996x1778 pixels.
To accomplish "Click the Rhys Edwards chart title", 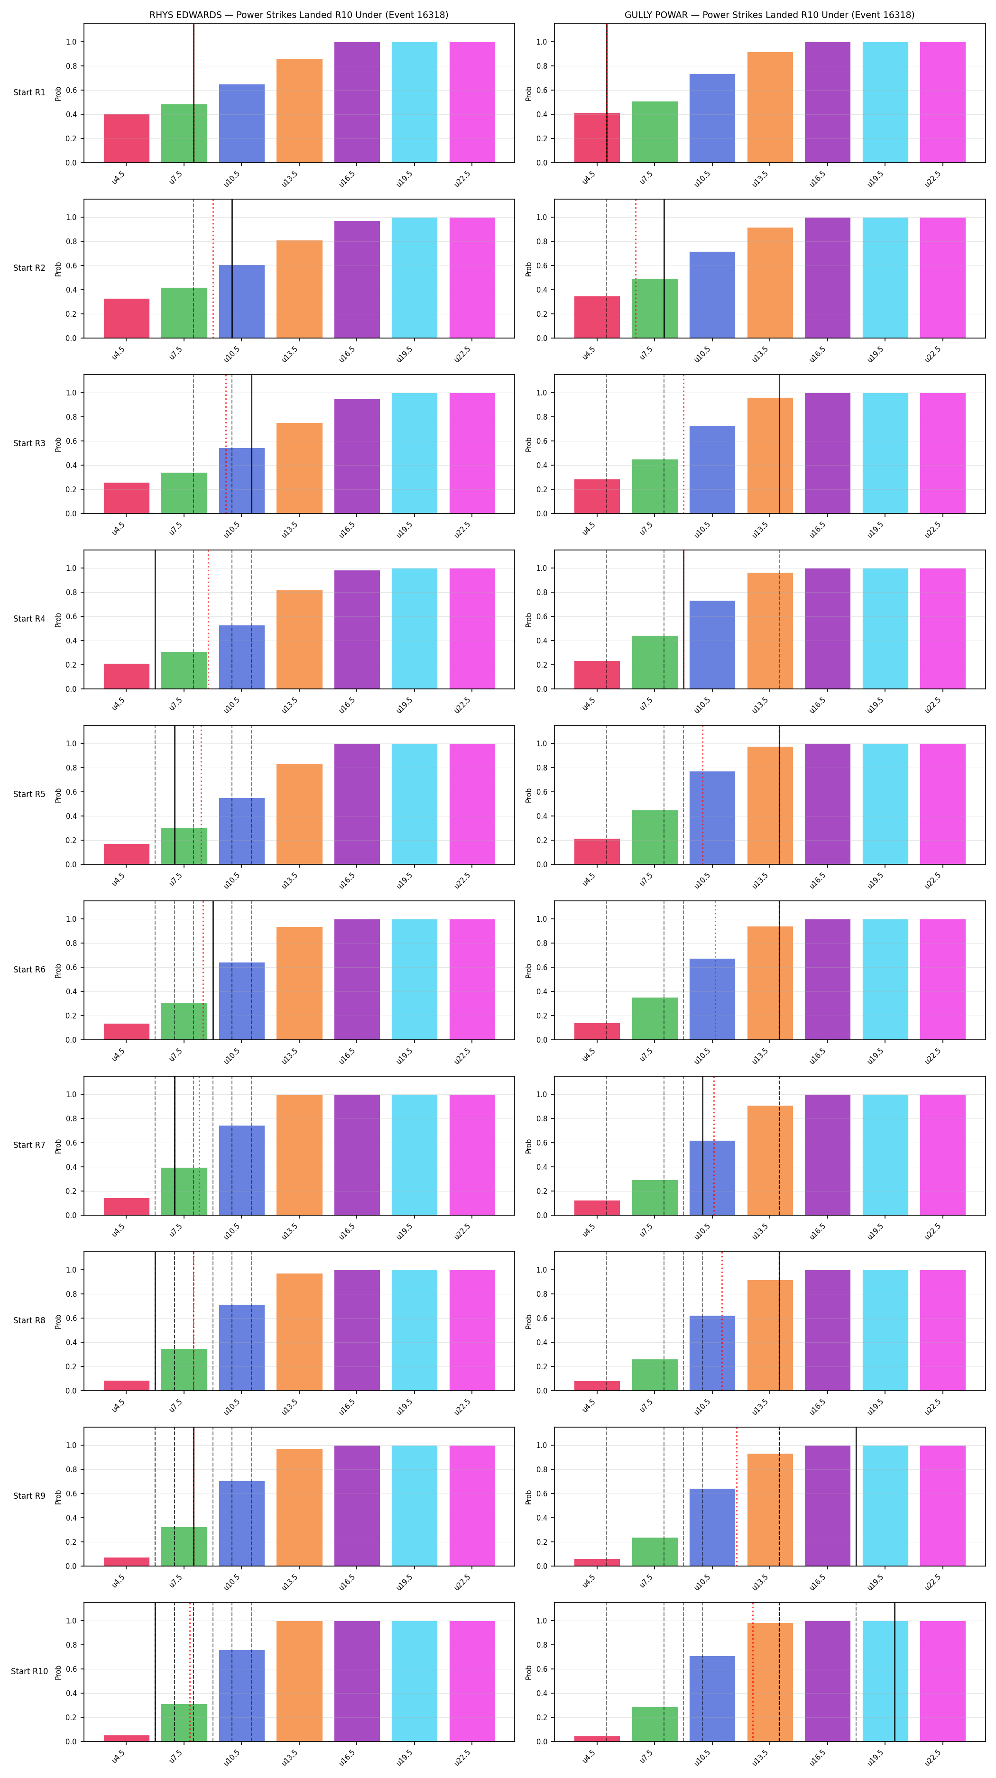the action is [x=299, y=15].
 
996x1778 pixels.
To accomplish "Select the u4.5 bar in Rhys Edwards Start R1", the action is [x=126, y=138].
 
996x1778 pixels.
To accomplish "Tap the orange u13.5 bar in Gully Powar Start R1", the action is [x=770, y=108].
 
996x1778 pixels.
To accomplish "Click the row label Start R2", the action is [x=29, y=268].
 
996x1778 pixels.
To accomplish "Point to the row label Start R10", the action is [x=29, y=1671].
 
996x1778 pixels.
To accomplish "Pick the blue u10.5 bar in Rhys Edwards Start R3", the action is [x=241, y=480].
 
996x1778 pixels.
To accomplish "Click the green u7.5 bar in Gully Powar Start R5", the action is [x=655, y=837].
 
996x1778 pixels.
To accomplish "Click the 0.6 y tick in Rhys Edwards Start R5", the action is [x=71, y=792].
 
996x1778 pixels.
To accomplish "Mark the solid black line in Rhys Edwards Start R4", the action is [x=155, y=619].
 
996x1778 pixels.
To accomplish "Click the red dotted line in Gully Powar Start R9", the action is [x=737, y=1496].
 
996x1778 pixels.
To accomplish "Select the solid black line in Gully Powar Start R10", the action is [x=895, y=1672].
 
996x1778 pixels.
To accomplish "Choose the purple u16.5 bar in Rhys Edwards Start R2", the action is [x=357, y=280].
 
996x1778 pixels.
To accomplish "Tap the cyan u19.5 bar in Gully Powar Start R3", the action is [x=885, y=453].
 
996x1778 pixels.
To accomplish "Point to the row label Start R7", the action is [x=29, y=1145].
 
